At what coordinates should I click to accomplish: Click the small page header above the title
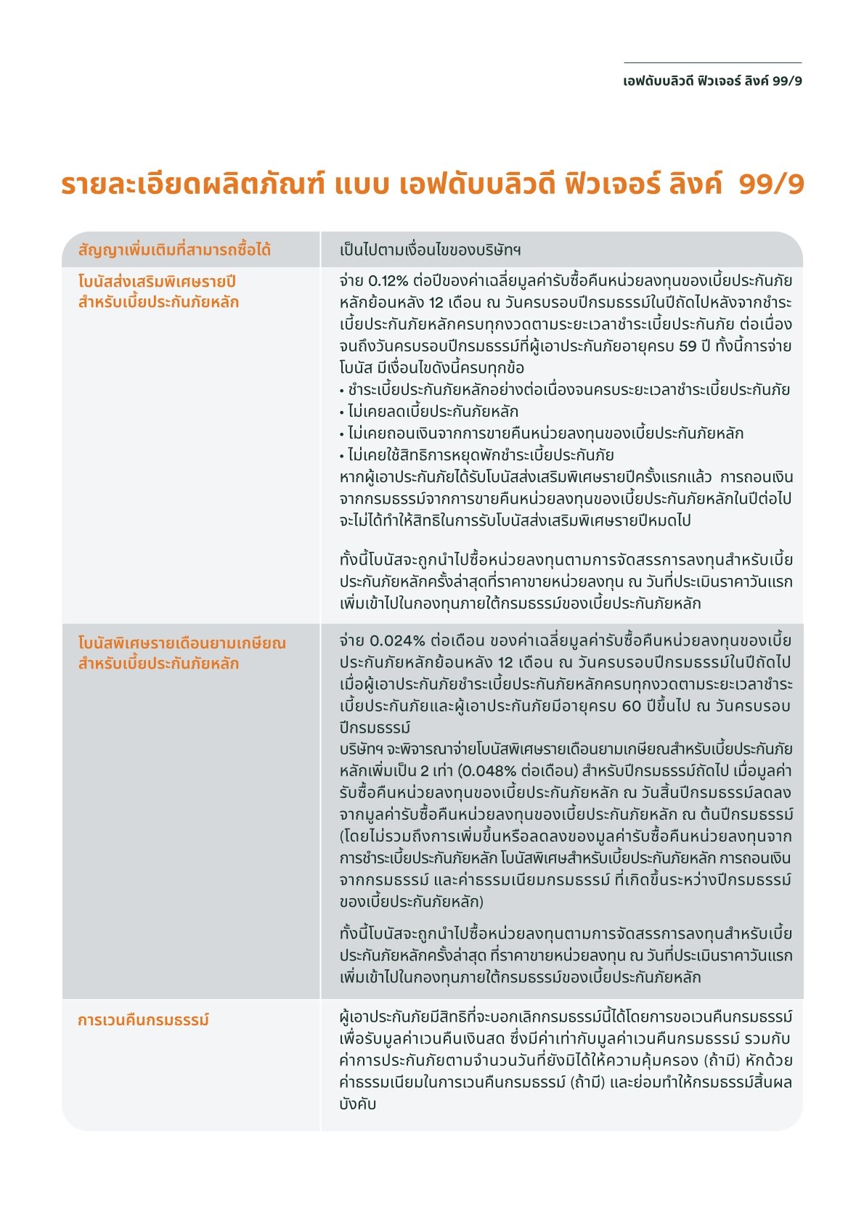[712, 81]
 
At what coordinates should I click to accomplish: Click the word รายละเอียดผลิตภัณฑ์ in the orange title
[192, 184]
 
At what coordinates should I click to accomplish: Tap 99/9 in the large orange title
[771, 184]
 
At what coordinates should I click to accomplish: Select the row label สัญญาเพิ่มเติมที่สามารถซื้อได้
[174, 250]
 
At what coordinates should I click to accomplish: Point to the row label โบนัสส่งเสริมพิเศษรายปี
[157, 282]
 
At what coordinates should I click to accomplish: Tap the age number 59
[688, 346]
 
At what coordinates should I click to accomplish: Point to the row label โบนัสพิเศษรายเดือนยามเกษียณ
[182, 643]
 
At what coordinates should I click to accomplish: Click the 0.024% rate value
[397, 641]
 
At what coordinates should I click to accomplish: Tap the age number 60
[632, 706]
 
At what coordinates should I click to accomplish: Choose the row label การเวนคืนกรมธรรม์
[143, 1020]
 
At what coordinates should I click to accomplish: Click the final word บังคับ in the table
[357, 1104]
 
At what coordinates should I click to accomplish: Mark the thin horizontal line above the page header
[712, 63]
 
